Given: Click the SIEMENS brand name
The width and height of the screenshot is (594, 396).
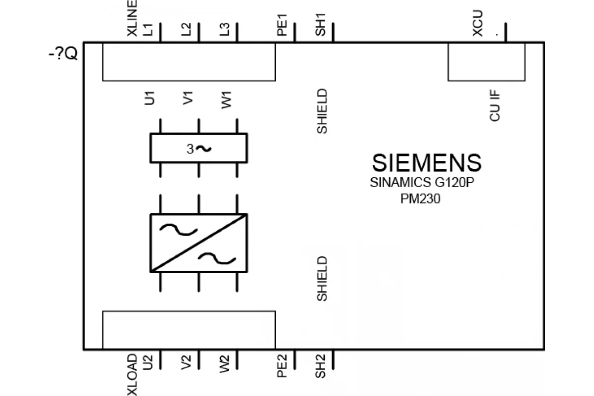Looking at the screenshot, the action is click(x=427, y=162).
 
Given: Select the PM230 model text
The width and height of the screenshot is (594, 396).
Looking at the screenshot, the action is click(x=420, y=198).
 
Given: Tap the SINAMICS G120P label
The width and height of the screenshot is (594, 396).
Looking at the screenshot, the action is click(x=422, y=183).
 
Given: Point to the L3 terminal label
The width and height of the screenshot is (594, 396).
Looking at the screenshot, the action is click(x=225, y=29).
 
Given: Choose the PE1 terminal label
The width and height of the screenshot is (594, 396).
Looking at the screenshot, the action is click(x=282, y=25).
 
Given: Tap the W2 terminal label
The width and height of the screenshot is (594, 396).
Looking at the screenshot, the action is click(x=225, y=364).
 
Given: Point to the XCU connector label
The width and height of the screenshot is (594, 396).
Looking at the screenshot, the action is click(x=478, y=23).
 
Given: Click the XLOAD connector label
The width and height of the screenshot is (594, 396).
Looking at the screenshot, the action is click(x=132, y=375).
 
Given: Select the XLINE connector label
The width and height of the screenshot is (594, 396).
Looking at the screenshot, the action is click(x=132, y=18).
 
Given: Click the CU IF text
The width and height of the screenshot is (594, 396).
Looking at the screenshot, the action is click(x=495, y=105).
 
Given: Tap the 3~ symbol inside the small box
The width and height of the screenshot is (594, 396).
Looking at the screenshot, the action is click(x=199, y=149).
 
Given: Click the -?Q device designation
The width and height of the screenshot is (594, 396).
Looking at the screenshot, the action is click(x=63, y=54).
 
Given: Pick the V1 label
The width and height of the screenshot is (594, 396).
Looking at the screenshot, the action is click(x=188, y=98).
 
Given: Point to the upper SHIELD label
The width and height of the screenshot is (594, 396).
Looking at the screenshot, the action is click(x=322, y=111).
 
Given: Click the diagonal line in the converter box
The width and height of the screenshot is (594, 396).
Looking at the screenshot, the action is click(x=198, y=243).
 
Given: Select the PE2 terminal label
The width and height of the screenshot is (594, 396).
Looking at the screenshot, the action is click(x=282, y=366).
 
